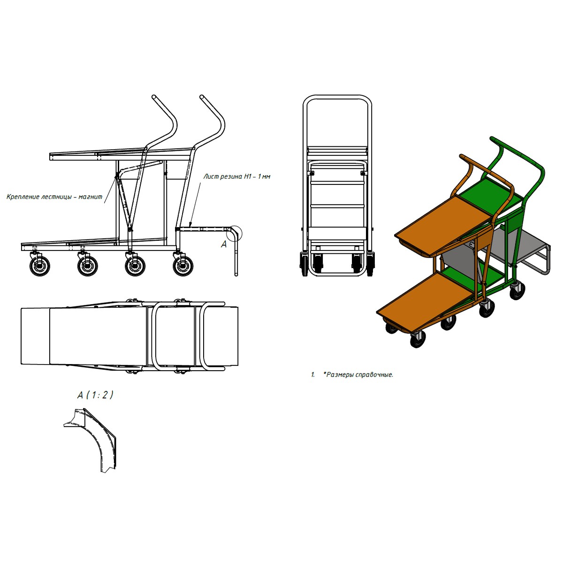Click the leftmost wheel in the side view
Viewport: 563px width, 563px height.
click(x=40, y=266)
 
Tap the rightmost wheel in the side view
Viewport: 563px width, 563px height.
click(x=183, y=266)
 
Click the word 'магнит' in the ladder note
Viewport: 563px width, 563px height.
click(x=91, y=197)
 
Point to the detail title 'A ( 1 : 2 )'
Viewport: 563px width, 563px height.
click(x=95, y=395)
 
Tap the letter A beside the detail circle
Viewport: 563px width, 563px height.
click(x=224, y=244)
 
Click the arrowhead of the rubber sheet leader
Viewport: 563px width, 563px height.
click(x=190, y=224)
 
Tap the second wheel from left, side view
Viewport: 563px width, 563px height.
click(x=87, y=266)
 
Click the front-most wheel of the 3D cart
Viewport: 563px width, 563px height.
click(x=418, y=340)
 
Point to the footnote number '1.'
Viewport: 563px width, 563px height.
click(x=313, y=375)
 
